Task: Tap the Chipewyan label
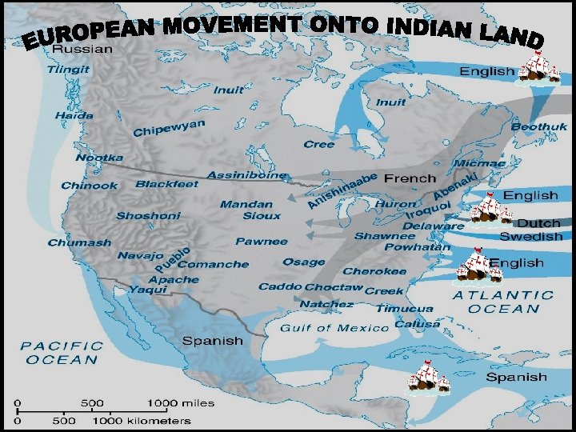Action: [169, 127]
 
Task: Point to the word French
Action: [410, 178]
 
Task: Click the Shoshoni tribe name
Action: [148, 216]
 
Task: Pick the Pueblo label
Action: [173, 259]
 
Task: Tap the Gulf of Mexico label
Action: [334, 328]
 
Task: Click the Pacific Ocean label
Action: [62, 353]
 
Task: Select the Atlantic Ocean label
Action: [503, 302]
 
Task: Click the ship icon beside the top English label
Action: [541, 70]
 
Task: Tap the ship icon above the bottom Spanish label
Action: [429, 377]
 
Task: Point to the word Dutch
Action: [538, 223]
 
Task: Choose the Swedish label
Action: [530, 237]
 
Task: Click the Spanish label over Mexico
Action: [212, 340]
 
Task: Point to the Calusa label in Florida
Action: [416, 323]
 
